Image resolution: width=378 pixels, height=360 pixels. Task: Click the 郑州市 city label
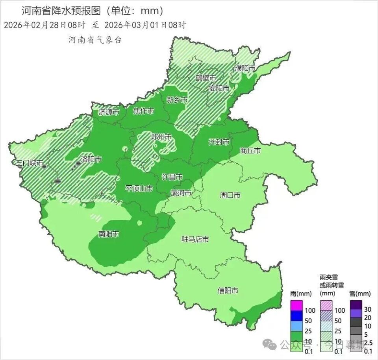click(161, 137)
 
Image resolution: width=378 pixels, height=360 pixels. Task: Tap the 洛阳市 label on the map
click(91, 159)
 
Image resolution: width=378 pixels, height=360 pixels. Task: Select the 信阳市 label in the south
click(228, 291)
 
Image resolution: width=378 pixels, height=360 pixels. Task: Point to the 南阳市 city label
click(109, 234)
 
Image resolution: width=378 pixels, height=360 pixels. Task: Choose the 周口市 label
click(230, 195)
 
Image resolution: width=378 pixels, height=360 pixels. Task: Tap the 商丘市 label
click(250, 151)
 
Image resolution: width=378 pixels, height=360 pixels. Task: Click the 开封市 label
click(219, 142)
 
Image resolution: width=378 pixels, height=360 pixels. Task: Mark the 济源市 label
click(109, 112)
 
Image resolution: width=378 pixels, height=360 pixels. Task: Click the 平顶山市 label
click(139, 188)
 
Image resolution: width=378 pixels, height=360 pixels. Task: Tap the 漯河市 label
click(181, 193)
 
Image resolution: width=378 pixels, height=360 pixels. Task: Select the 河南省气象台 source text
click(94, 40)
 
